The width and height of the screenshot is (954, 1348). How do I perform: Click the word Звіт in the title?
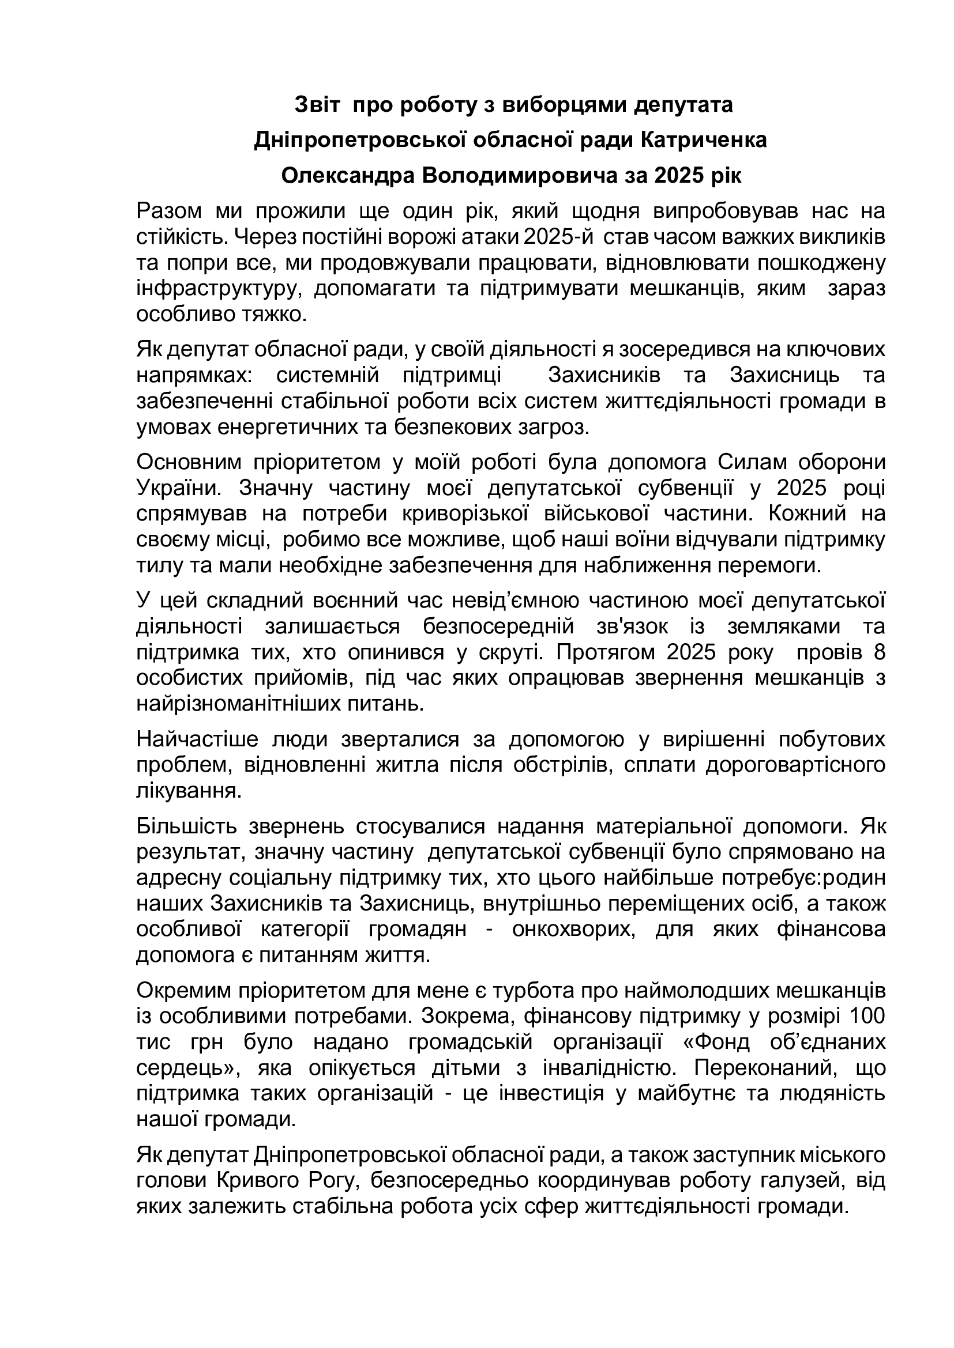point(317,105)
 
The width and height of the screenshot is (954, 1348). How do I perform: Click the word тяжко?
point(279,315)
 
